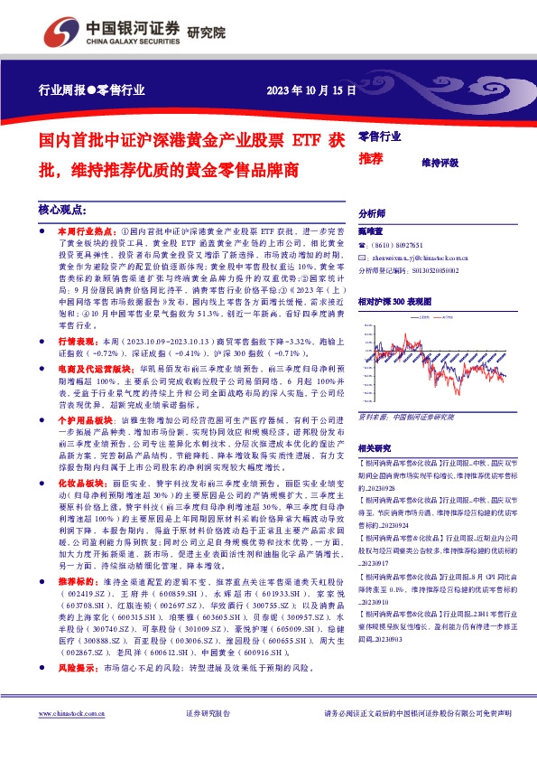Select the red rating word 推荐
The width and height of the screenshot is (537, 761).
coord(372,159)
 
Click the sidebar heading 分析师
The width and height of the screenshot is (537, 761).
coord(372,213)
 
